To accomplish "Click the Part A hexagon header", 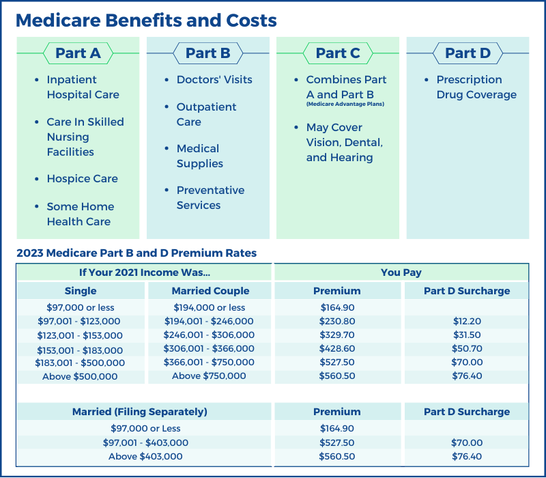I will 77,53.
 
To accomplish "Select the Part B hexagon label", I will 207,53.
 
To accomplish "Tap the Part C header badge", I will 337,53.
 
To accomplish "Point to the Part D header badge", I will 468,53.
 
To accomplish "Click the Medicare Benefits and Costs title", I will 146,20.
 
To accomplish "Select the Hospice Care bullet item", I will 82,179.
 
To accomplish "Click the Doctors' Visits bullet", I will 214,80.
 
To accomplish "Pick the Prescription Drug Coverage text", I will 476,87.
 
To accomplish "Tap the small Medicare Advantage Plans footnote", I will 345,104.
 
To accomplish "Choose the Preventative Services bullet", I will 210,198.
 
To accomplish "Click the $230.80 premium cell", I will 337,322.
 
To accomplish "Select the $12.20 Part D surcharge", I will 467,322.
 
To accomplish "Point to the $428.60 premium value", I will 337,349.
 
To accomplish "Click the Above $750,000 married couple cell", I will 209,376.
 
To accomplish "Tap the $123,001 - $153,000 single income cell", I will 80,335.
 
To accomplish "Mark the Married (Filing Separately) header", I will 140,412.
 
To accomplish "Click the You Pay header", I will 401,272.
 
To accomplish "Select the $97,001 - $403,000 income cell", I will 146,443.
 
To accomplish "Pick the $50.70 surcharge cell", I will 467,349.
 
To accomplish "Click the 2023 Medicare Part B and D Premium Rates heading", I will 136,253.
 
